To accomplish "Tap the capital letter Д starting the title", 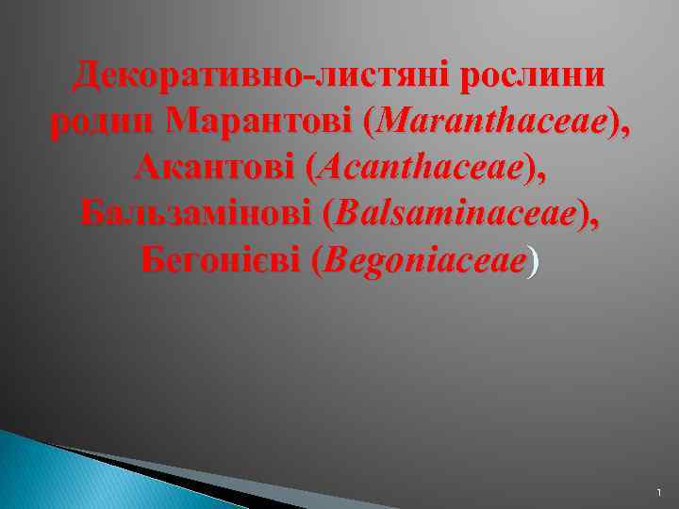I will click(92, 75).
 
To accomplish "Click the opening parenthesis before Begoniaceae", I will click(314, 263).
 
